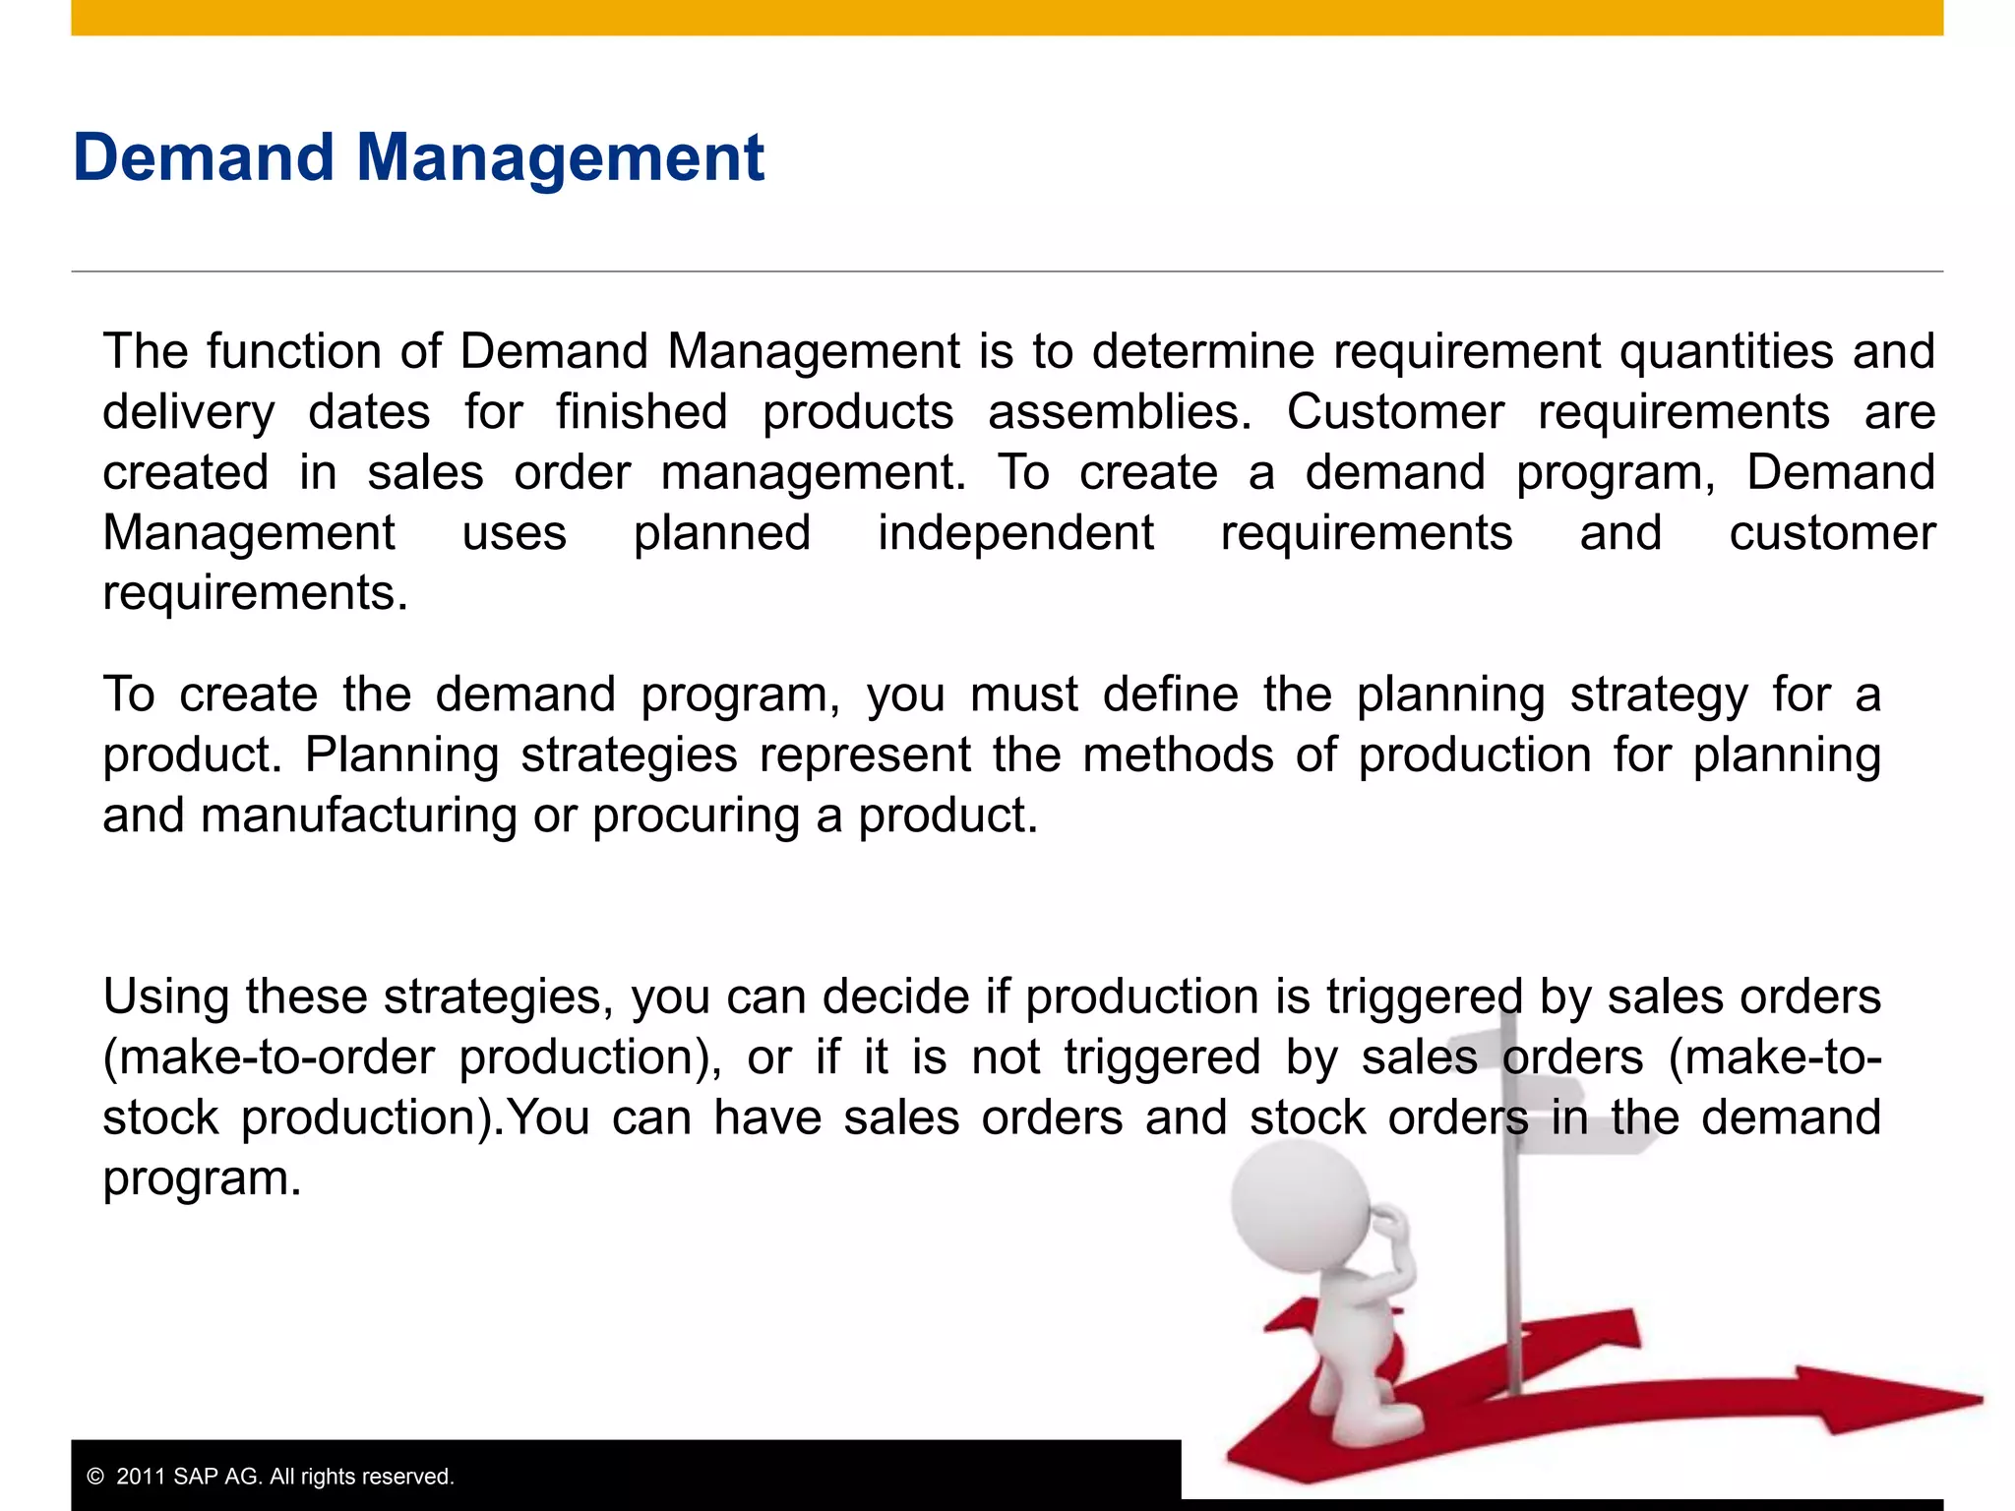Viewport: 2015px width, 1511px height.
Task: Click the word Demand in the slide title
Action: coord(204,157)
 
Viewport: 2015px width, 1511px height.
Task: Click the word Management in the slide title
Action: coord(559,157)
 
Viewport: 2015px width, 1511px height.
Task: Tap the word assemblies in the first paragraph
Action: coord(1119,411)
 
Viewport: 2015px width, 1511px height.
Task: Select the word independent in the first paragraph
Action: coord(1015,533)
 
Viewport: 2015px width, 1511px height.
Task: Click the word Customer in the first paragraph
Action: coord(1395,411)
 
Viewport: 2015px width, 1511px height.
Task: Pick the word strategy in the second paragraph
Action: coord(1659,695)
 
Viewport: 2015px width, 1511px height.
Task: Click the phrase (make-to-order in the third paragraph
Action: coord(269,1058)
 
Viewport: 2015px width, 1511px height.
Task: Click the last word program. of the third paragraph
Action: coord(202,1179)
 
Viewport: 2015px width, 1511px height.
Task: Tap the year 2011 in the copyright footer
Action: coord(141,1477)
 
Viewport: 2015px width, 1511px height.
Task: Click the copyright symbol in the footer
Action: coord(95,1477)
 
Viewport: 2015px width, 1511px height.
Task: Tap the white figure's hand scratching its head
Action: coord(1392,1226)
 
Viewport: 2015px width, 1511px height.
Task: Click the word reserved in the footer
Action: coord(407,1477)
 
